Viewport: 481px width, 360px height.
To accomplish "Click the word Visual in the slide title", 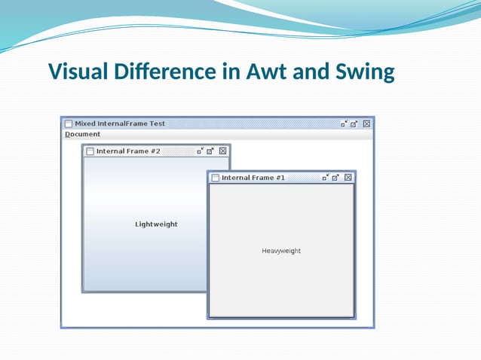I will [78, 72].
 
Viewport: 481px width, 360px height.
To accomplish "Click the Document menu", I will [82, 134].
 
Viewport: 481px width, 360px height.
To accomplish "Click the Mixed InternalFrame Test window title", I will [120, 124].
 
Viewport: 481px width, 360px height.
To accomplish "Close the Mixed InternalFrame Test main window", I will [366, 124].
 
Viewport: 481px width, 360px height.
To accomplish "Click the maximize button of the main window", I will [354, 124].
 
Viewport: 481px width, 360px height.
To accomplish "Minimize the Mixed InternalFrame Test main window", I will [344, 124].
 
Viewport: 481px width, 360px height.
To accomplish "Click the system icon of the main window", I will [68, 124].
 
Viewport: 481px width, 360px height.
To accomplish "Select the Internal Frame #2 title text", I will [128, 151].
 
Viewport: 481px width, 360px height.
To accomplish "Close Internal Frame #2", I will [222, 151].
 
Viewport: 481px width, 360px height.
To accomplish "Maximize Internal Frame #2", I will [210, 151].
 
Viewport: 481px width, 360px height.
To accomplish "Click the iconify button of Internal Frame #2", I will [200, 151].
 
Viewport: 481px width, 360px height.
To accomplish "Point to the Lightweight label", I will [156, 224].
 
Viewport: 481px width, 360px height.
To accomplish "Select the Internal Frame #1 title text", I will [253, 178].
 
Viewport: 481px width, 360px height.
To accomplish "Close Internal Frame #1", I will [348, 178].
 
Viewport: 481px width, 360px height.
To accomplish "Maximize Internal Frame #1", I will [335, 178].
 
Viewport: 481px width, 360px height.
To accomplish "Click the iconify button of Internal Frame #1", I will [325, 178].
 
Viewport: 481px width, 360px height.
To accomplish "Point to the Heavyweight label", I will [281, 251].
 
